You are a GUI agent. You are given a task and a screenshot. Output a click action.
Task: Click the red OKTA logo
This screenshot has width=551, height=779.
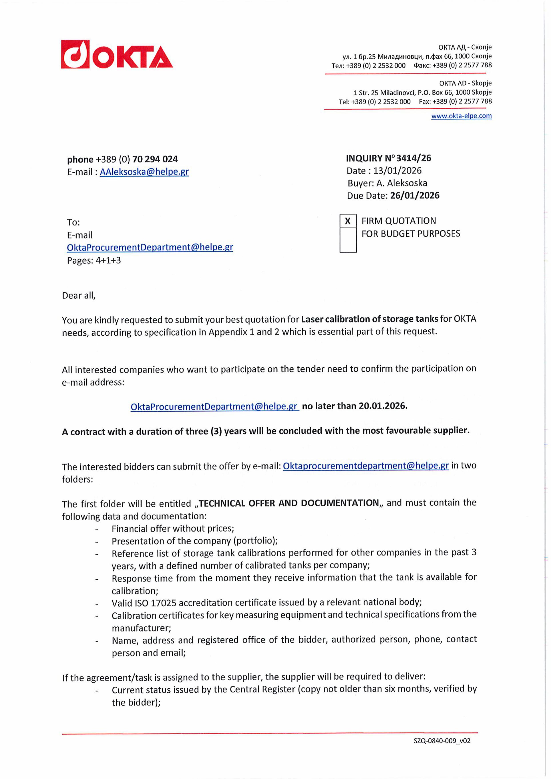pyautogui.click(x=117, y=55)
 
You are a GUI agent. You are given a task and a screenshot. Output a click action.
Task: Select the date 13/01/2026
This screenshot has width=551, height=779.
pyautogui.click(x=397, y=171)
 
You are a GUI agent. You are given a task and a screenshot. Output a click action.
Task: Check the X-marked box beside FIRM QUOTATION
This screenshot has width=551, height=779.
pyautogui.click(x=348, y=221)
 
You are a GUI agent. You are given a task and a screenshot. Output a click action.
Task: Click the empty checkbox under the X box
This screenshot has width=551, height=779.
pyautogui.click(x=348, y=240)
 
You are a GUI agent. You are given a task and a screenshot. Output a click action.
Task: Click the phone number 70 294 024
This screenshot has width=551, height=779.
pyautogui.click(x=155, y=159)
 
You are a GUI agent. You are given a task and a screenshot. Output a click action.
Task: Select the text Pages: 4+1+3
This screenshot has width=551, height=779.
pyautogui.click(x=94, y=261)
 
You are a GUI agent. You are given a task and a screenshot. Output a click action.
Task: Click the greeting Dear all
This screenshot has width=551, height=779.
pyautogui.click(x=79, y=295)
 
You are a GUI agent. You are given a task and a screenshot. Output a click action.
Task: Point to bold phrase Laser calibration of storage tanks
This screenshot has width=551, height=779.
pyautogui.click(x=369, y=319)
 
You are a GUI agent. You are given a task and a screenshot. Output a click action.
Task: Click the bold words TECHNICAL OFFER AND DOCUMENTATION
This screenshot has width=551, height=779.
pyautogui.click(x=289, y=503)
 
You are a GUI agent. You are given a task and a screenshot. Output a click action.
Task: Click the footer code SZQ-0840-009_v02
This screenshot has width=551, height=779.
pyautogui.click(x=442, y=741)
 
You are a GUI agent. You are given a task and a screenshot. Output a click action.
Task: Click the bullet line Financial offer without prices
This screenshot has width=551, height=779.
pyautogui.click(x=173, y=529)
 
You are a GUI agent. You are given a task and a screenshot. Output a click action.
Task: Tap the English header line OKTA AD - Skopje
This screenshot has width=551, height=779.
pyautogui.click(x=465, y=83)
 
